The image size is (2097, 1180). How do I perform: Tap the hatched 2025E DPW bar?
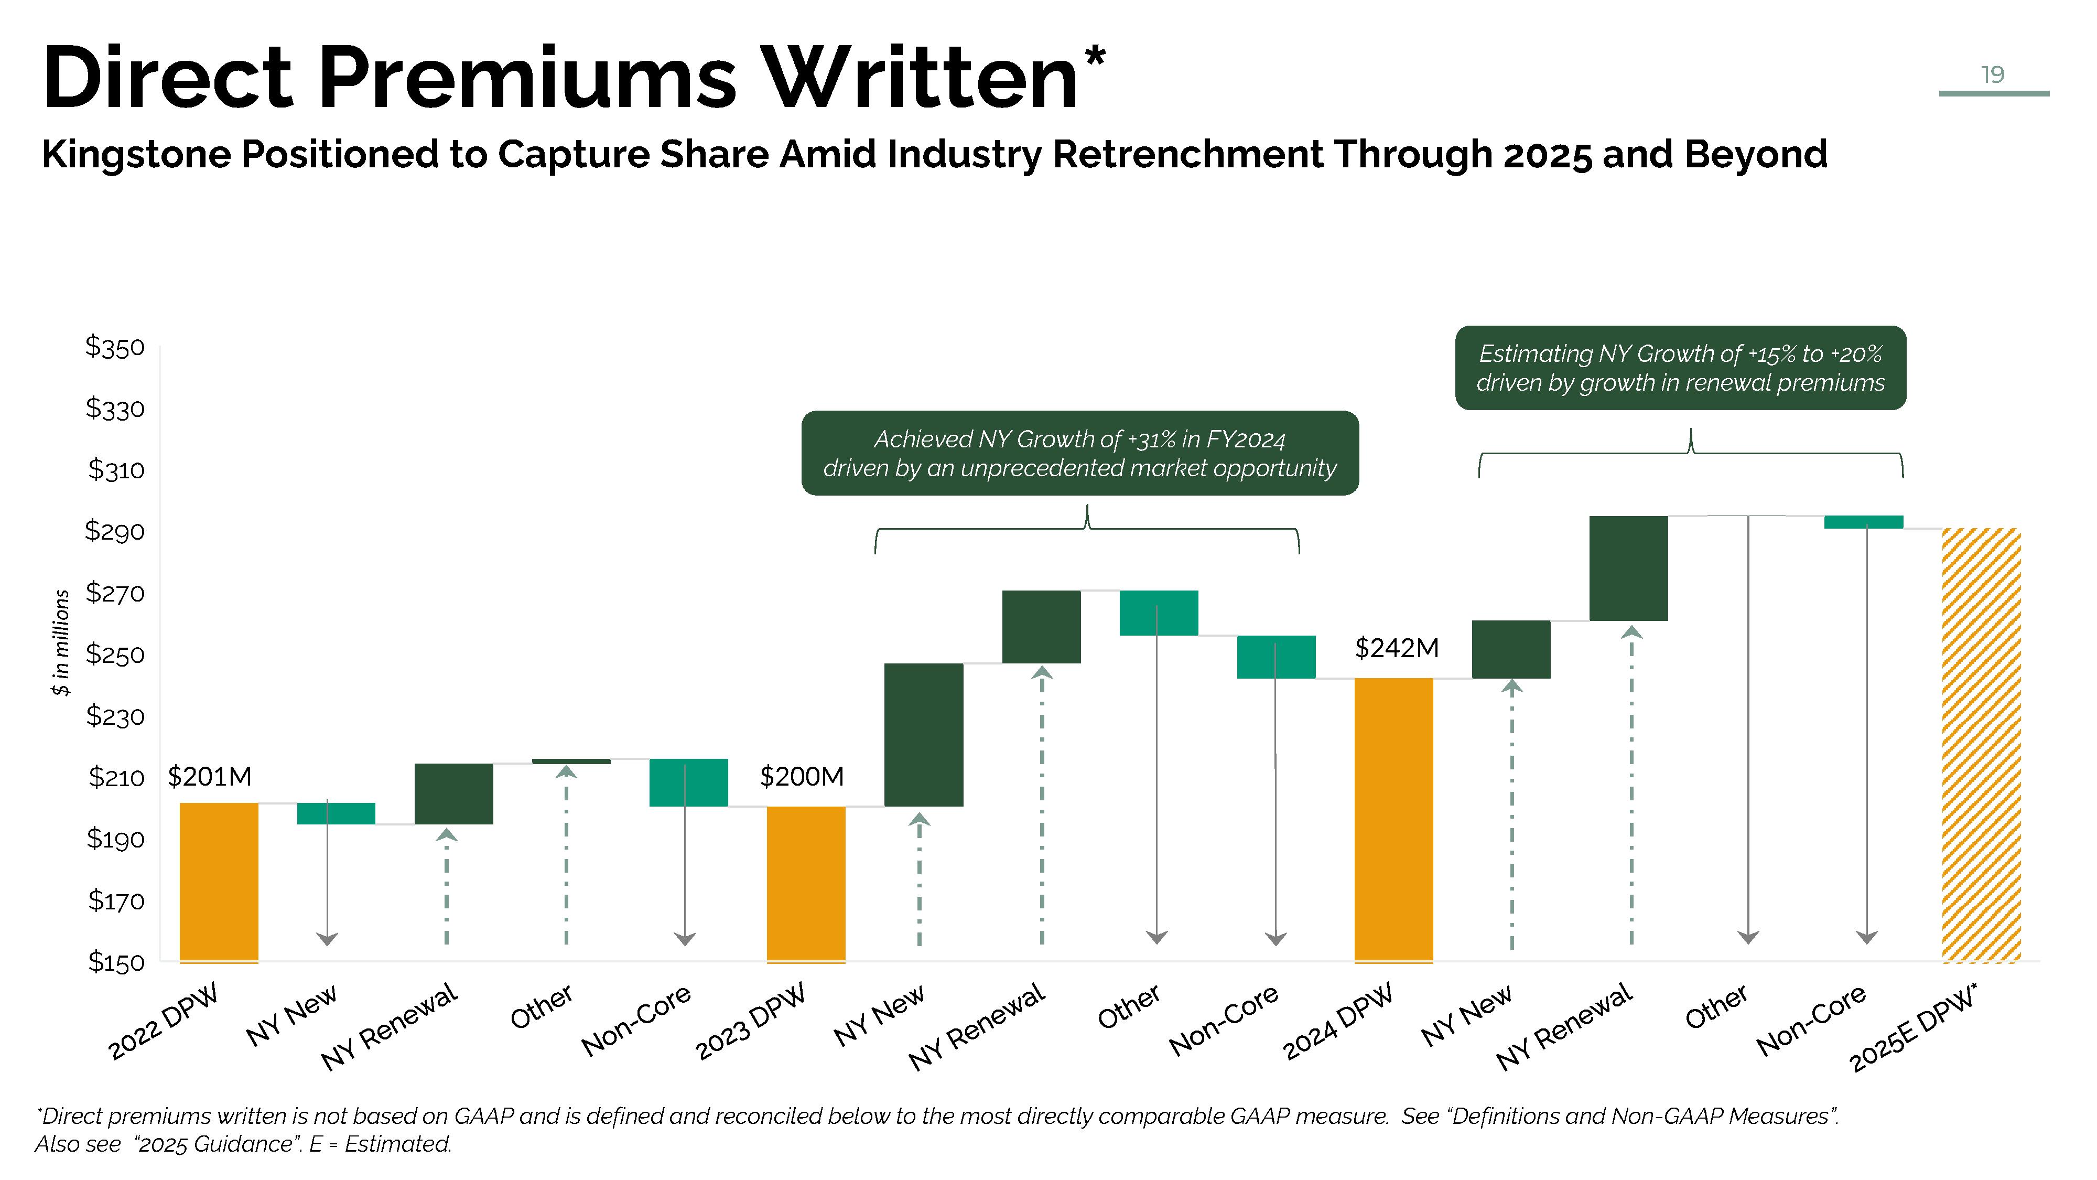(x=1981, y=745)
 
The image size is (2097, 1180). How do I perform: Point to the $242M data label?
(x=1396, y=648)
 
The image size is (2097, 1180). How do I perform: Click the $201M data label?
(x=209, y=776)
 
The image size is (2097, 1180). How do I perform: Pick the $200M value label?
(x=801, y=776)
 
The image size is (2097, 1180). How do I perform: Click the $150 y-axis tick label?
(x=115, y=962)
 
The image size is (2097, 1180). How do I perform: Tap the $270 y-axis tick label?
(x=115, y=593)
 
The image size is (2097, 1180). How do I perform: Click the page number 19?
(x=1992, y=75)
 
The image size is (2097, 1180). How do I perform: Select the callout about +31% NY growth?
(x=1079, y=453)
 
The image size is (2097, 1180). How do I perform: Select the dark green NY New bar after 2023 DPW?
(x=923, y=735)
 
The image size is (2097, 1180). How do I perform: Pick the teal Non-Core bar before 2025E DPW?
(x=1863, y=522)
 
